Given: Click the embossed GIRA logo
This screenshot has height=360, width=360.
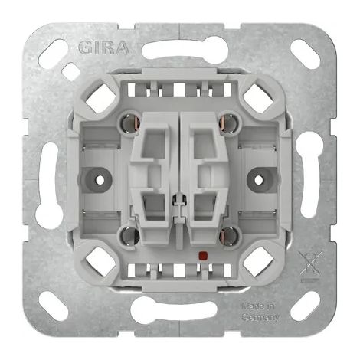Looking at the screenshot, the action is click(103, 47).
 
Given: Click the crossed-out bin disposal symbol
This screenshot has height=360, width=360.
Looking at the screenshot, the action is click(310, 267).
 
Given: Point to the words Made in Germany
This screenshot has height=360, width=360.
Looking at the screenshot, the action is click(260, 312).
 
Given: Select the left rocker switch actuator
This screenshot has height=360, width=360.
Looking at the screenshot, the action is click(151, 178).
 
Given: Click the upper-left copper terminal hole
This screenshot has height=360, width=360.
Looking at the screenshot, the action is click(130, 123).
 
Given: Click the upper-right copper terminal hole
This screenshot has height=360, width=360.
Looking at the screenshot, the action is click(229, 123).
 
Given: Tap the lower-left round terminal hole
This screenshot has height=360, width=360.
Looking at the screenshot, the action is click(129, 235).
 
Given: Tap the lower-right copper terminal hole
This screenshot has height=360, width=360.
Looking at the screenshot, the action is click(229, 235).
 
